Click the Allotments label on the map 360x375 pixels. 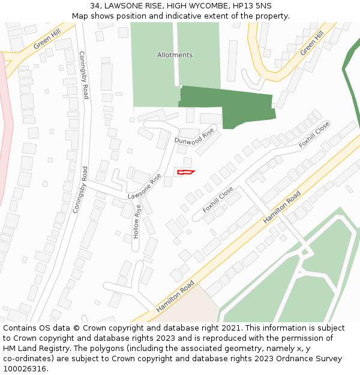tap(175, 55)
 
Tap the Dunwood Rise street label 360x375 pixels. tap(194, 137)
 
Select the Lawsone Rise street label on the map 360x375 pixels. tap(145, 188)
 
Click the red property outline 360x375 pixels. tap(185, 173)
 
